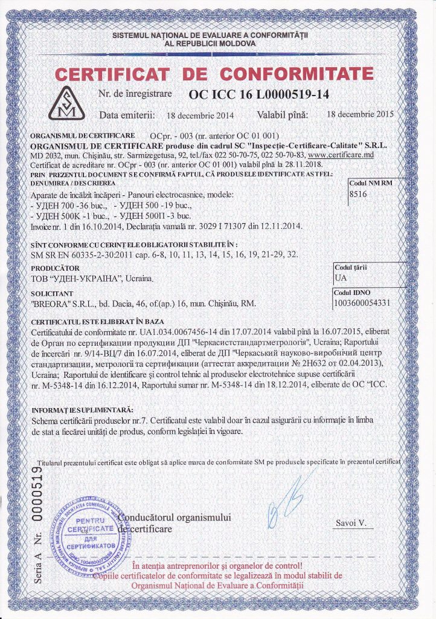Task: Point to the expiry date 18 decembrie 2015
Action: pos(359,114)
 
